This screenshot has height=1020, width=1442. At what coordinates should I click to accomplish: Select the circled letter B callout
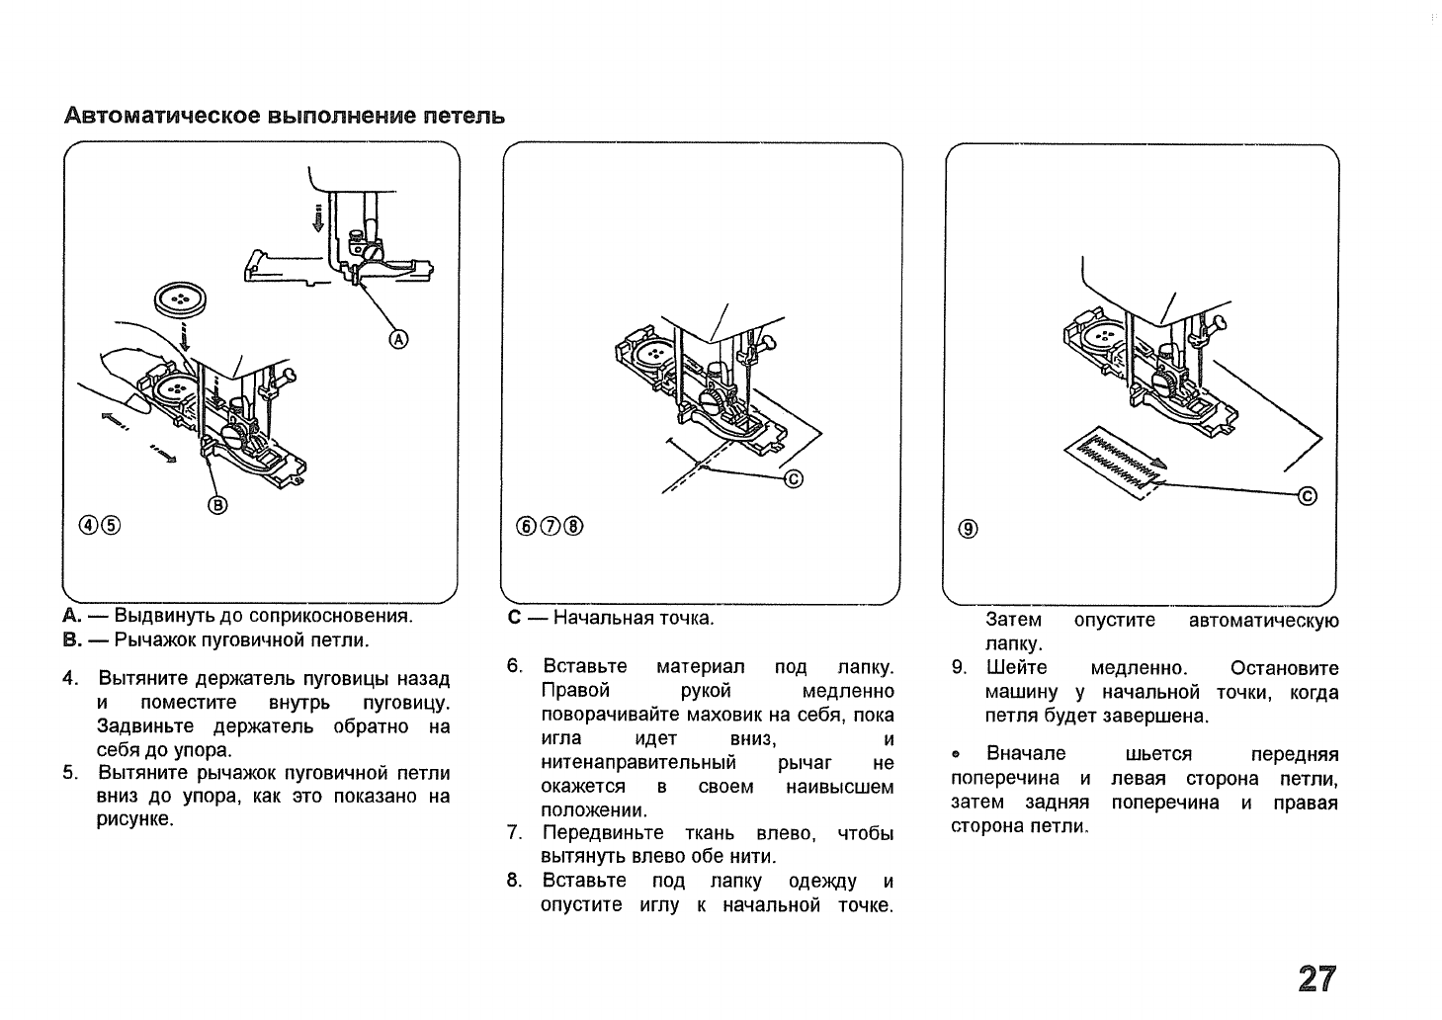[x=216, y=506]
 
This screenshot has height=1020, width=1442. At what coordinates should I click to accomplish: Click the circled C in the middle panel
[x=794, y=480]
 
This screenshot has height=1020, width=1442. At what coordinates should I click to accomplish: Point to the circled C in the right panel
[x=1307, y=496]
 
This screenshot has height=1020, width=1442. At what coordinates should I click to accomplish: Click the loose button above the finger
[x=179, y=298]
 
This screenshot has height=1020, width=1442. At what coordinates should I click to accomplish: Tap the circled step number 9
[x=968, y=530]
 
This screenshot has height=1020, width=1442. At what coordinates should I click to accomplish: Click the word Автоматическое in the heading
[x=164, y=116]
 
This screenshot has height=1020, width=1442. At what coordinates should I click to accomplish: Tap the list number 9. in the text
[x=959, y=668]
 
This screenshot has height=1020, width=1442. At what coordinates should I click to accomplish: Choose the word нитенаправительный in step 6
[x=639, y=763]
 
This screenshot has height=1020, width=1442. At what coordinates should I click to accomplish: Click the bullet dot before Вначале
[x=955, y=756]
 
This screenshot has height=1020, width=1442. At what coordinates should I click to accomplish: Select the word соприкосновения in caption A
[x=337, y=617]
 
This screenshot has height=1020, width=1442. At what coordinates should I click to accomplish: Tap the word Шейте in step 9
[x=1016, y=668]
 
